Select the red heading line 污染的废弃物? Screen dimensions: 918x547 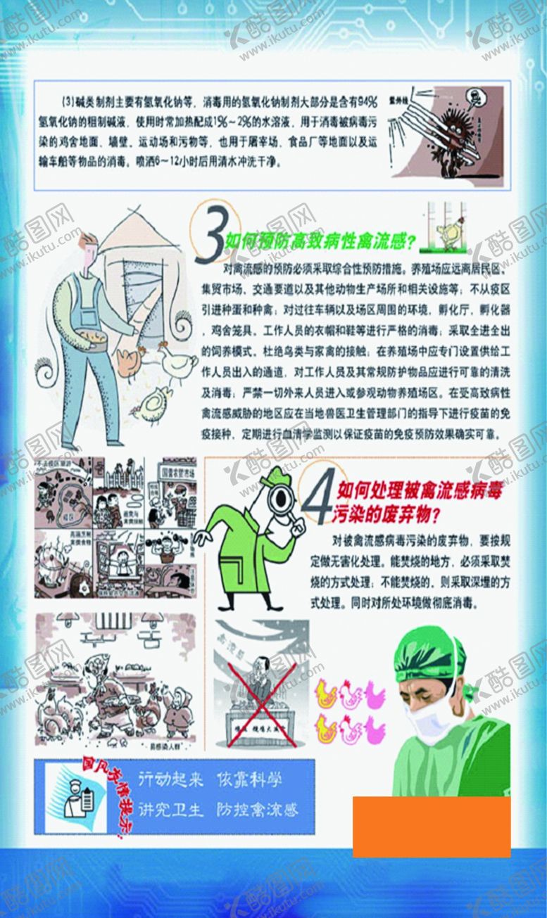pyautogui.click(x=388, y=516)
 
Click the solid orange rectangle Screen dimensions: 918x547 pyautogui.click(x=431, y=827)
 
